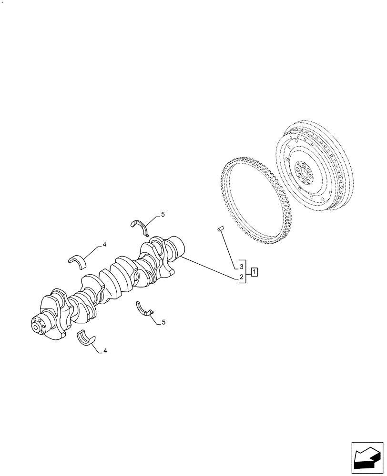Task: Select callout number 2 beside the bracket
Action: (x=242, y=277)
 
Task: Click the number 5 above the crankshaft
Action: (x=163, y=215)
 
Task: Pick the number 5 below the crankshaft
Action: (x=163, y=322)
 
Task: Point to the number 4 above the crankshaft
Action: (x=104, y=245)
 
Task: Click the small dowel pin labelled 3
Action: (x=221, y=229)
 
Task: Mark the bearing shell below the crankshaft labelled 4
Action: (x=85, y=339)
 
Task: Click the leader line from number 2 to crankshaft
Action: (x=210, y=267)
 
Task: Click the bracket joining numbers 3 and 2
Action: (x=246, y=272)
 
